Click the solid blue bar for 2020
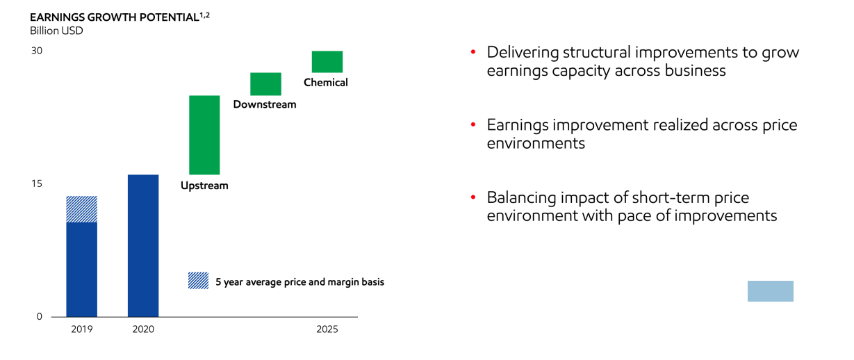point(143,245)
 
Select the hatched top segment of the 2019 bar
point(81,208)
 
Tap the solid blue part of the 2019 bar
point(81,268)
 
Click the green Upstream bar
point(204,135)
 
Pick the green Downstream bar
point(265,83)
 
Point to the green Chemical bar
point(327,61)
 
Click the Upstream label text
point(204,186)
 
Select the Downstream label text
point(264,104)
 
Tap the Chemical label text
point(325,83)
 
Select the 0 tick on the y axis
point(39,316)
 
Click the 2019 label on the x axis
point(81,329)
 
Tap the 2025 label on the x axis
point(327,329)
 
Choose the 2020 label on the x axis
point(143,329)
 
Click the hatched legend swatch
point(198,280)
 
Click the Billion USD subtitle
point(56,31)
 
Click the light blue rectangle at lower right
point(770,291)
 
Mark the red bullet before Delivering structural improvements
point(473,52)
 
